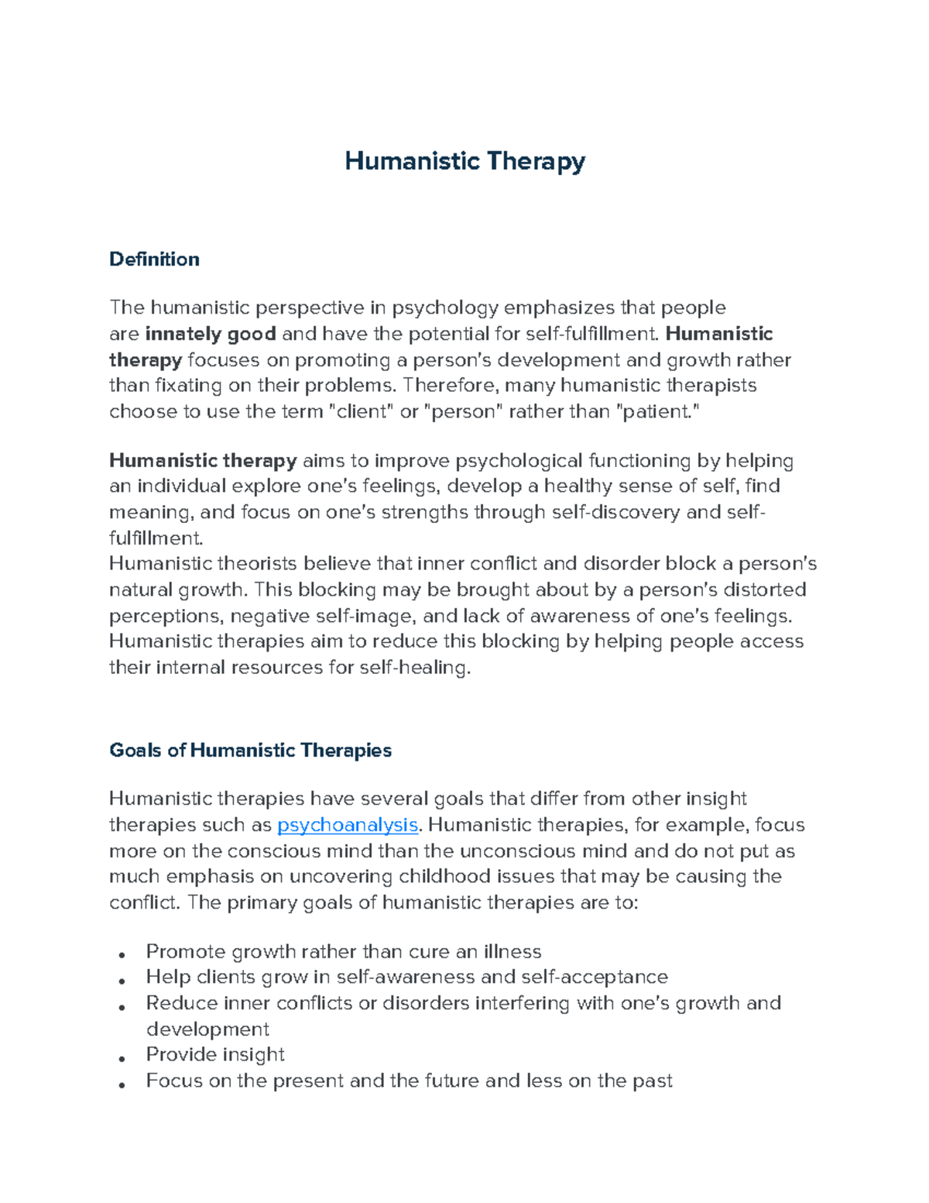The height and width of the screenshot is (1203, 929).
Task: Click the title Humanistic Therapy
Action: pos(464,161)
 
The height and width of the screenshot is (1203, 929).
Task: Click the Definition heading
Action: pos(154,259)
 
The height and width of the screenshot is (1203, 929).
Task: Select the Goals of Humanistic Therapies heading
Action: pos(250,750)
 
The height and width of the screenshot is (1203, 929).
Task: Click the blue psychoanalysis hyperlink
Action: pos(348,824)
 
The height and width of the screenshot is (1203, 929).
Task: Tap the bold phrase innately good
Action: pos(211,334)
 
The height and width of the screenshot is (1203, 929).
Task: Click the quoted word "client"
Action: pos(362,411)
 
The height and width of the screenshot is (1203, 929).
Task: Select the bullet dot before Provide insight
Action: pos(122,1058)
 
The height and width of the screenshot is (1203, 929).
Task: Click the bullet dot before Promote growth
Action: pos(122,954)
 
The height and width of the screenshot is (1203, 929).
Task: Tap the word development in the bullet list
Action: pos(207,1029)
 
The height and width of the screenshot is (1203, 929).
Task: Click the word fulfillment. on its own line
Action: pos(156,538)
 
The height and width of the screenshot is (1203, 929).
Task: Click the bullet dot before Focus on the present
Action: pos(122,1084)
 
